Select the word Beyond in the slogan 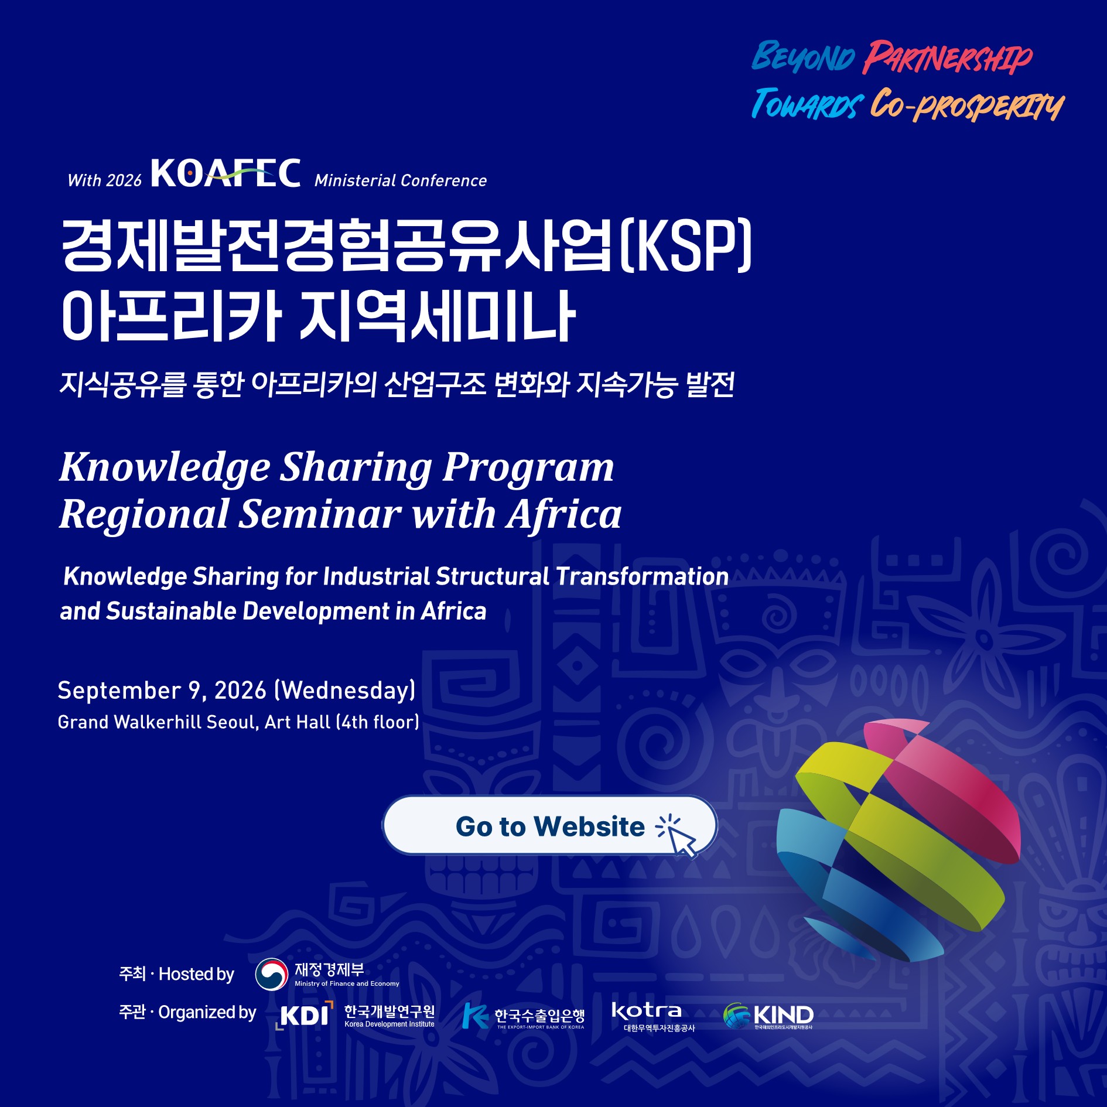click(x=803, y=57)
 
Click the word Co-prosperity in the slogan click(x=967, y=105)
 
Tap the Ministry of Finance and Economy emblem click(x=272, y=974)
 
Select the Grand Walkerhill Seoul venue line click(x=238, y=722)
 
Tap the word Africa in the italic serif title click(x=565, y=514)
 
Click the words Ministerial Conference click(x=401, y=180)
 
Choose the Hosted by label click(x=196, y=974)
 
